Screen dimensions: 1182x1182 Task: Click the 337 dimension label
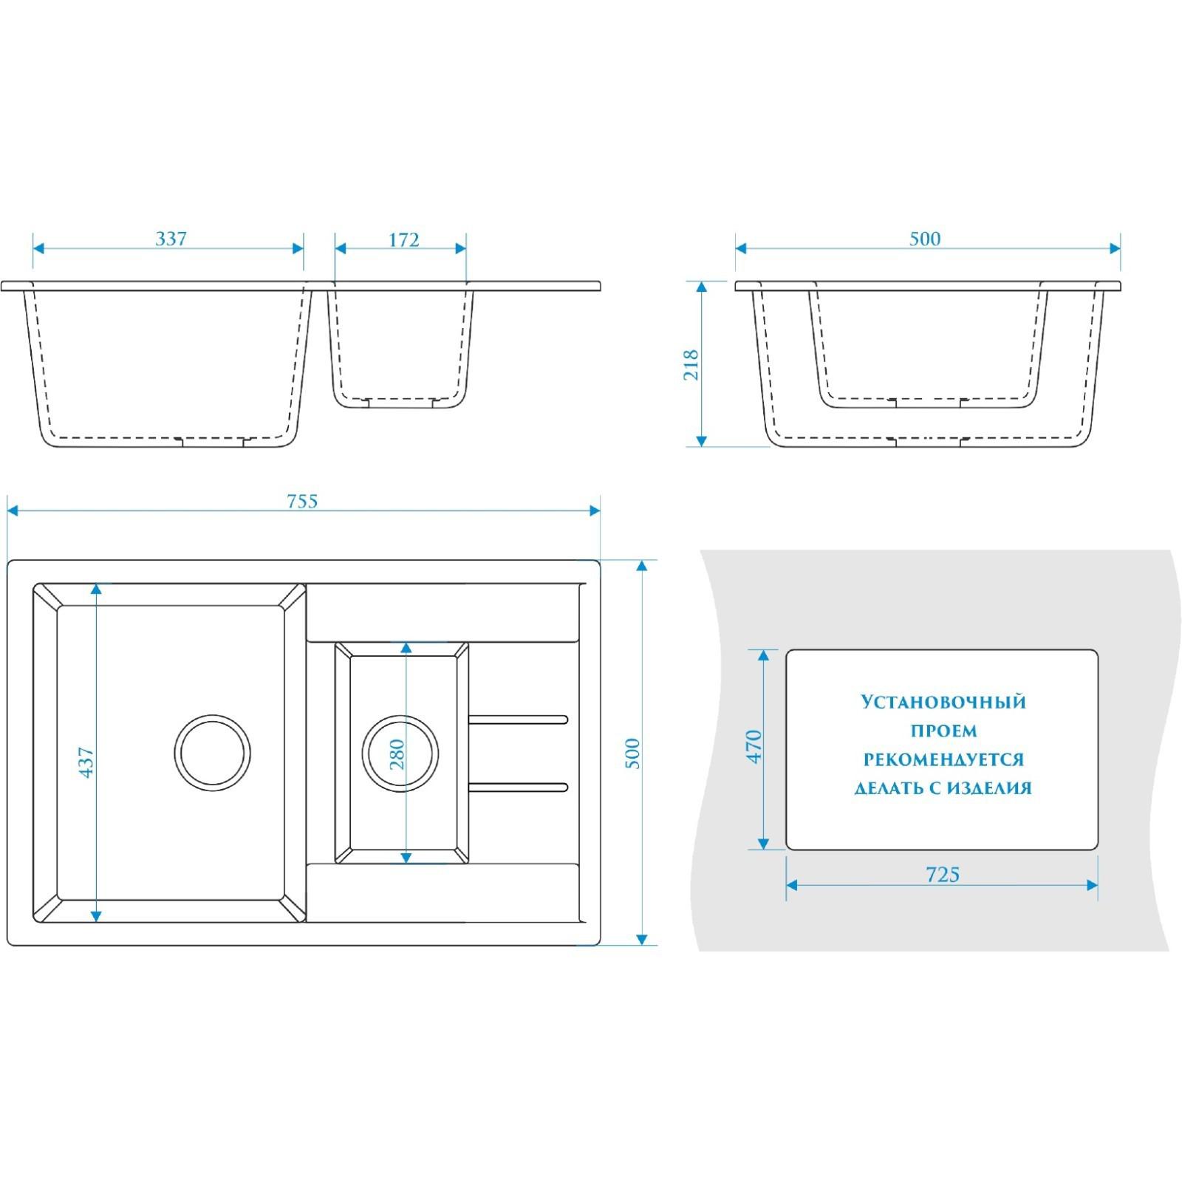pyautogui.click(x=171, y=239)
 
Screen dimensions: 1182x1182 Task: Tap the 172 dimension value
pyautogui.click(x=403, y=240)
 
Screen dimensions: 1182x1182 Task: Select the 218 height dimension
pyautogui.click(x=691, y=365)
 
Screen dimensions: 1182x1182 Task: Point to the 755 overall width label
pyautogui.click(x=302, y=502)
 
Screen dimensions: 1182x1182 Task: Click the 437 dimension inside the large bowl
pyautogui.click(x=86, y=762)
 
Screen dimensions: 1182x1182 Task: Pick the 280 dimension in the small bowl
pyautogui.click(x=397, y=754)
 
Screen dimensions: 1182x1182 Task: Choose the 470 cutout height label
pyautogui.click(x=754, y=746)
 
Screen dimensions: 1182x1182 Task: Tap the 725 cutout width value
pyautogui.click(x=943, y=875)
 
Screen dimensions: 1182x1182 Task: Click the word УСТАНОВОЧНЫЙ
pyautogui.click(x=943, y=702)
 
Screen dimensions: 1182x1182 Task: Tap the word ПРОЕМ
pyautogui.click(x=943, y=731)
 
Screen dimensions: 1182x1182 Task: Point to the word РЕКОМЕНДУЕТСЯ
pyautogui.click(x=943, y=759)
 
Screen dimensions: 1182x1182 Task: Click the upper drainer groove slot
pyautogui.click(x=518, y=720)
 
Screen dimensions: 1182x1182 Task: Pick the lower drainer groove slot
pyautogui.click(x=518, y=787)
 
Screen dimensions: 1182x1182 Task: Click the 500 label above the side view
pyautogui.click(x=925, y=239)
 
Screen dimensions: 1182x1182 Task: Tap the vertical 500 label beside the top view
pyautogui.click(x=633, y=754)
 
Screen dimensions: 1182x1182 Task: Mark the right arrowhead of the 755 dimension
pyautogui.click(x=595, y=510)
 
